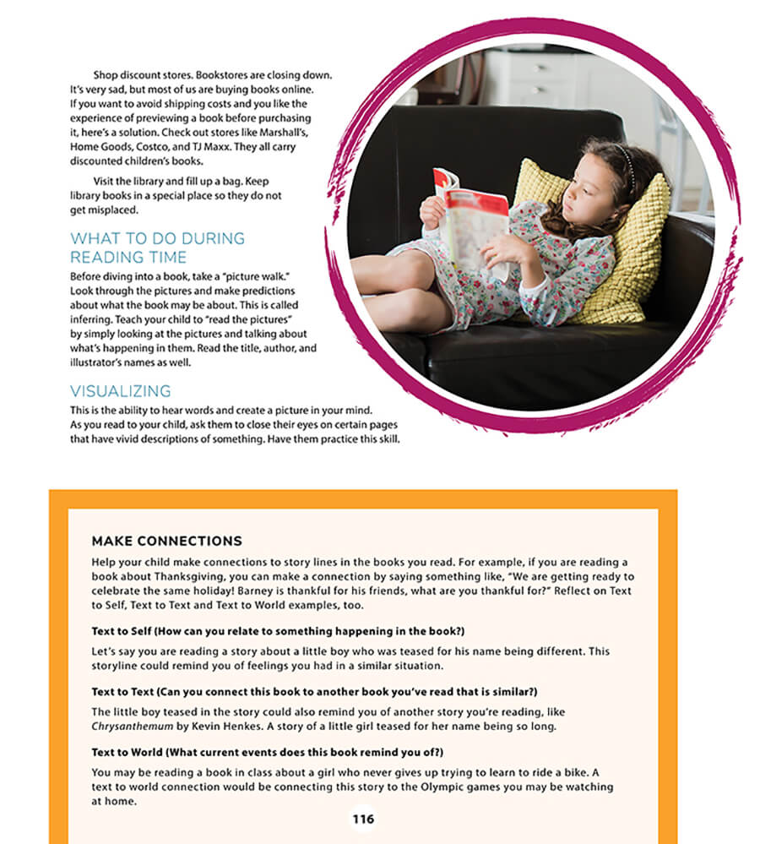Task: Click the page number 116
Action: [363, 819]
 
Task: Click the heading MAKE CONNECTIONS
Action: [166, 541]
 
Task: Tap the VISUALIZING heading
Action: [120, 391]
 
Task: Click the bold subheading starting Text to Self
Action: [278, 631]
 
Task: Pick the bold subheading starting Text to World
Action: [267, 752]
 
